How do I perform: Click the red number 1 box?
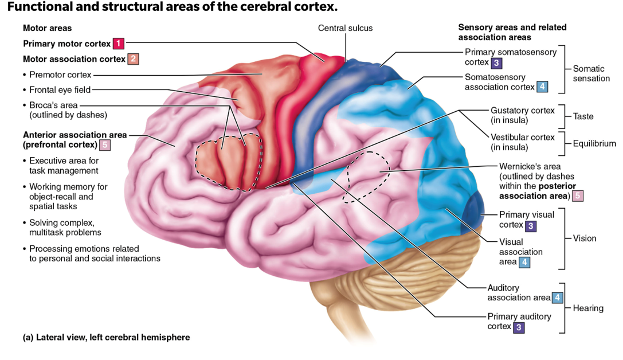point(118,44)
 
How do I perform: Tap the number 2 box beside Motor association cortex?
point(132,59)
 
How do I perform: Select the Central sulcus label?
point(345,28)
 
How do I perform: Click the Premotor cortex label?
point(60,75)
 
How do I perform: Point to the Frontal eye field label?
point(60,89)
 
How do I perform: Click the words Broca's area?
point(53,105)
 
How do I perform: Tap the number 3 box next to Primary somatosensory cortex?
point(497,62)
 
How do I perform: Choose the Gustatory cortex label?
point(522,110)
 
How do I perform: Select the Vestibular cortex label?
point(522,138)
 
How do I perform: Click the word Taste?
point(583,116)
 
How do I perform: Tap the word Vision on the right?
point(585,238)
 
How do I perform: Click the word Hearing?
point(588,308)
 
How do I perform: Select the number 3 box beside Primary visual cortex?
point(531,225)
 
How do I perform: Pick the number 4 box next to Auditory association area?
point(558,298)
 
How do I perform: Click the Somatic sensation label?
point(591,73)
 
